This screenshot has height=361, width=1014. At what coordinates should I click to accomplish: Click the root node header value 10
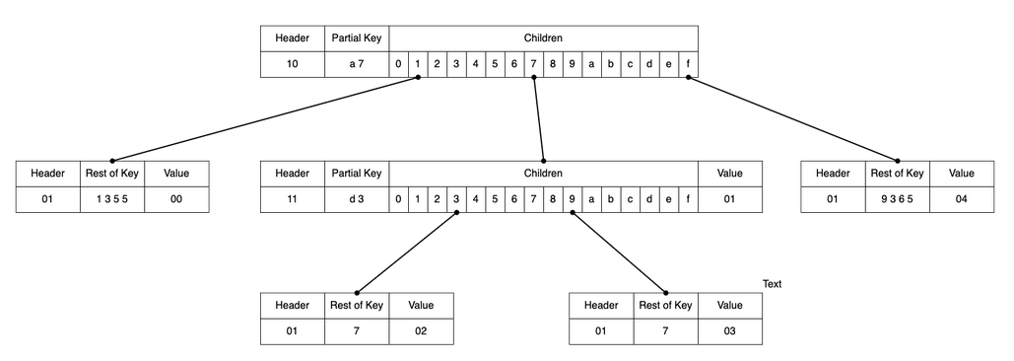[x=292, y=64]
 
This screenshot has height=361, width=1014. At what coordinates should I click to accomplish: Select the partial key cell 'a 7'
[x=357, y=64]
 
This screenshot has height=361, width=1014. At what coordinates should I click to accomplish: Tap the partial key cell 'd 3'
[x=357, y=199]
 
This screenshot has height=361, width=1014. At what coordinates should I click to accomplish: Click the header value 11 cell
[x=292, y=199]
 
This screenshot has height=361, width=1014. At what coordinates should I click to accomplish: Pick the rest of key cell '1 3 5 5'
[x=112, y=199]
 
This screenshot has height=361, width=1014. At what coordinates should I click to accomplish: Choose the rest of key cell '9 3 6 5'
[x=896, y=199]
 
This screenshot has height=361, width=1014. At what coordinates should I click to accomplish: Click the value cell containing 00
[x=176, y=199]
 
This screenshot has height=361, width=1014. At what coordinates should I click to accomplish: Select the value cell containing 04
[x=961, y=199]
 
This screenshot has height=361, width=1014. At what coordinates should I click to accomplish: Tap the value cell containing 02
[x=421, y=331]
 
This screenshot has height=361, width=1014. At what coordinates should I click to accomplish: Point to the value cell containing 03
[x=729, y=331]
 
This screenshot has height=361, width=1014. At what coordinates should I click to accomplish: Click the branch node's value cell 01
[x=729, y=199]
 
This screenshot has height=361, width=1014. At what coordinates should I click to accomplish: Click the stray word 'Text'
[x=772, y=284]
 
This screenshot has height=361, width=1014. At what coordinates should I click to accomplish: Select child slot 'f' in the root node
[x=688, y=64]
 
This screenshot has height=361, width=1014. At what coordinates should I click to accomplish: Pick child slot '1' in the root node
[x=418, y=64]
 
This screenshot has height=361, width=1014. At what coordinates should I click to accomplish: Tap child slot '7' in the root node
[x=533, y=64]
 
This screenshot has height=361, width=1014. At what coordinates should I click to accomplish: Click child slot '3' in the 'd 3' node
[x=456, y=199]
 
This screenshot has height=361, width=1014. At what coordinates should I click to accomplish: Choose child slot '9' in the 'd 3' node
[x=572, y=199]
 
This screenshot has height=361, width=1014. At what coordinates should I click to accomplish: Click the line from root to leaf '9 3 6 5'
[x=793, y=119]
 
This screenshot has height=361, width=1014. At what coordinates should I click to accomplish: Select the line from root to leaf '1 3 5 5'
[x=266, y=119]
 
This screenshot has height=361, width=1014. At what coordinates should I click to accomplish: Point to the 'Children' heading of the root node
[x=543, y=38]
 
